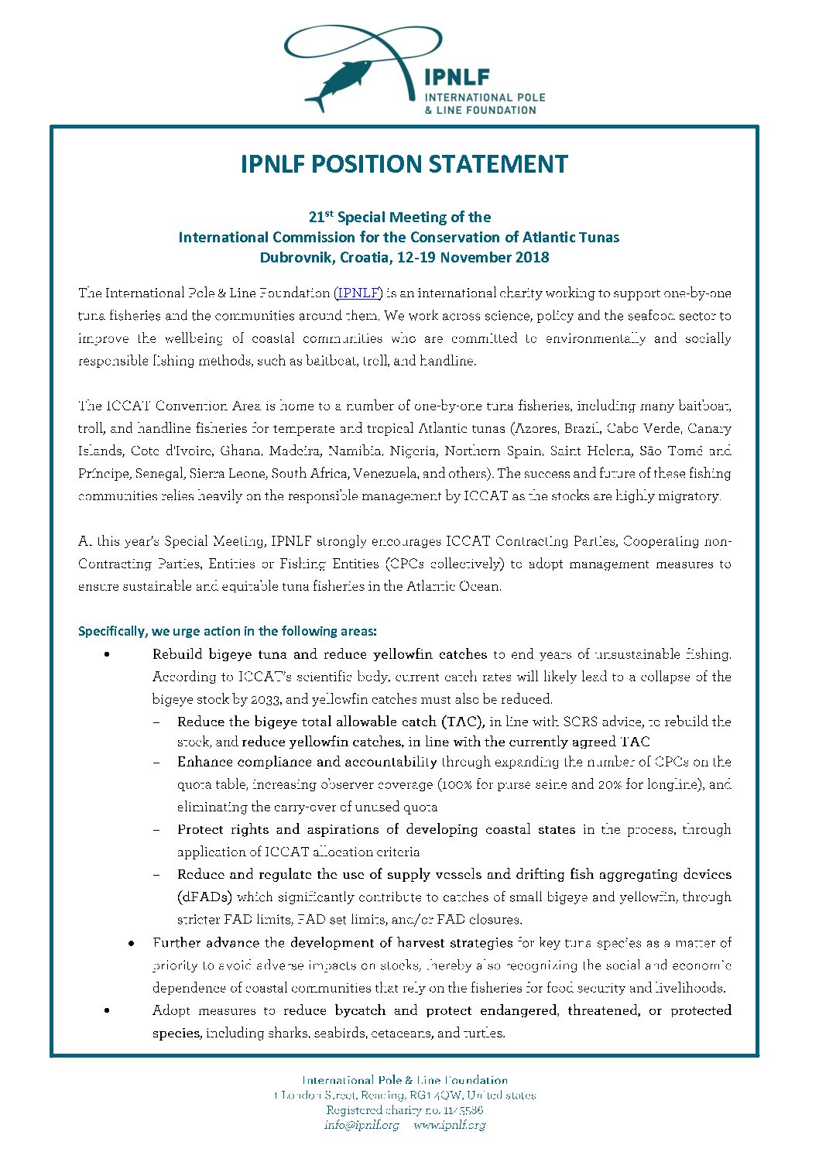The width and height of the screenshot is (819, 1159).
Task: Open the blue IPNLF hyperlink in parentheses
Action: click(358, 293)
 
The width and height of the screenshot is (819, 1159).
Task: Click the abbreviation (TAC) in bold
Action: click(463, 722)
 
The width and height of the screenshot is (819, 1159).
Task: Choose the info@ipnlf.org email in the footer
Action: click(362, 1125)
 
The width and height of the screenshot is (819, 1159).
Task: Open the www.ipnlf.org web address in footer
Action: click(449, 1125)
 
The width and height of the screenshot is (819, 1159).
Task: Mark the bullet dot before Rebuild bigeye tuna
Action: click(106, 655)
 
